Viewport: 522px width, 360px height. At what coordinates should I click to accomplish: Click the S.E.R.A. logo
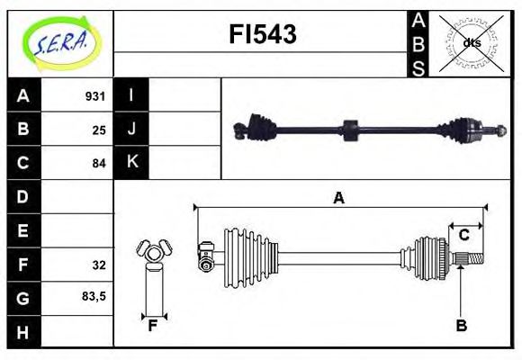coord(59,41)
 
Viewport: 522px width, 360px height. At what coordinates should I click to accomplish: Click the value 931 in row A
coord(95,96)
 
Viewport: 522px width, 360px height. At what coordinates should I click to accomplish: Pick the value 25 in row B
coord(99,130)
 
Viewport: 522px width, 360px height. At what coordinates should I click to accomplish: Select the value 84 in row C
coord(99,163)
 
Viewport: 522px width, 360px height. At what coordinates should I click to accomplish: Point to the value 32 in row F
coord(99,265)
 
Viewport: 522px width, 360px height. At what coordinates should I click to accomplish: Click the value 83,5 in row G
coord(94,295)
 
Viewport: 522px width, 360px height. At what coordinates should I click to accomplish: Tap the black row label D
coord(22,196)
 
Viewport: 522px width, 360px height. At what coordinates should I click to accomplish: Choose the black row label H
coord(22,332)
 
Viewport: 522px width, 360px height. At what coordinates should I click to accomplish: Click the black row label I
coord(131,95)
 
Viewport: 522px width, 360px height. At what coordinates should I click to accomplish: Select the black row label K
coord(131,163)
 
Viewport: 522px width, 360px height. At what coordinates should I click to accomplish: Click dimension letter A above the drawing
coord(339,197)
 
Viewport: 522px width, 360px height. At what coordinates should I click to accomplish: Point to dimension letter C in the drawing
coord(463,235)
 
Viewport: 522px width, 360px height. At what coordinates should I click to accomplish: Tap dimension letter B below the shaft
coord(461,326)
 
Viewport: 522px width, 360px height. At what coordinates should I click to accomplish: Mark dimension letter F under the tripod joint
coord(153,326)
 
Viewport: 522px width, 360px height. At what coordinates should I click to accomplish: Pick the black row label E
coord(22,230)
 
